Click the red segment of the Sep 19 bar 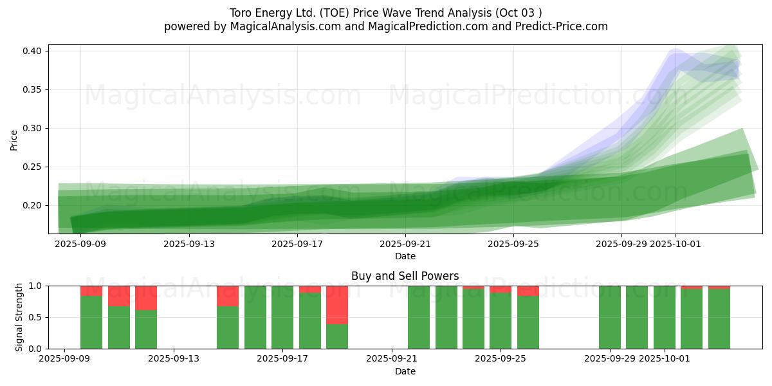click(337, 305)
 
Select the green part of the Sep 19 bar click(337, 336)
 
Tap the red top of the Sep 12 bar click(146, 298)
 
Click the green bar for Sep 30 click(637, 317)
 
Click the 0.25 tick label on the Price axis click(33, 167)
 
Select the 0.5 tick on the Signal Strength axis click(36, 317)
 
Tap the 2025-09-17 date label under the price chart click(297, 244)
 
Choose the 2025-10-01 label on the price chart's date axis click(675, 244)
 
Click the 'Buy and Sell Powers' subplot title click(405, 276)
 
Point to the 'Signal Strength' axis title click(19, 317)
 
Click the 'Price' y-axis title click(14, 140)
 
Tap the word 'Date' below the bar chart click(405, 371)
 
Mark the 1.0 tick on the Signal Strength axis click(36, 286)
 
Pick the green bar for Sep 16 click(255, 317)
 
